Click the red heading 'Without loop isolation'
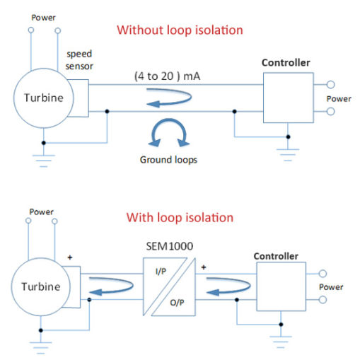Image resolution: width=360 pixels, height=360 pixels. pyautogui.click(x=180, y=30)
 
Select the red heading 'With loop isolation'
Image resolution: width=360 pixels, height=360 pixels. pyautogui.click(x=180, y=217)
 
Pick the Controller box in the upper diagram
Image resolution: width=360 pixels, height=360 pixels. pyautogui.click(x=286, y=98)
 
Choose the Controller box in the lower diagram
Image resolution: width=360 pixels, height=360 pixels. pyautogui.click(x=281, y=286)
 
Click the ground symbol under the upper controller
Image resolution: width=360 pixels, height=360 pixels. pyautogui.click(x=287, y=151)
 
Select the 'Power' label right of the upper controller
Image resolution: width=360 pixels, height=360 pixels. pyautogui.click(x=338, y=99)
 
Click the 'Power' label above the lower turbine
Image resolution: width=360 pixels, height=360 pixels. pyautogui.click(x=41, y=211)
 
